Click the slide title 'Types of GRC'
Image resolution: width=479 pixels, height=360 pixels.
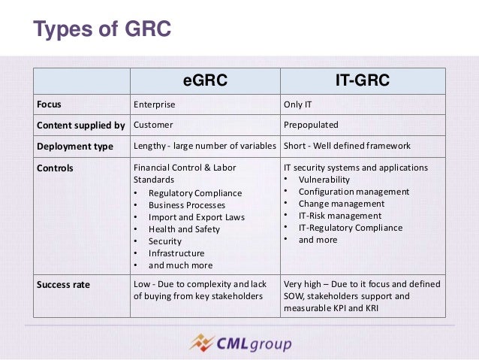103,30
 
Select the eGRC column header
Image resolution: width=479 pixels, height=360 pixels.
204,80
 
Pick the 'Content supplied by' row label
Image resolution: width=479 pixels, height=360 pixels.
81,124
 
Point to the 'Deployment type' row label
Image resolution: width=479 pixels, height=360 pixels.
76,146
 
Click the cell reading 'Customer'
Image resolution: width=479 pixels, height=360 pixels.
153,124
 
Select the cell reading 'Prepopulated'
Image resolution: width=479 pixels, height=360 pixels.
311,124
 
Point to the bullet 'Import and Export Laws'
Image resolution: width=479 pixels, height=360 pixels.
195,217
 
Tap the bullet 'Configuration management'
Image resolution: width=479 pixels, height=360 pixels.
354,192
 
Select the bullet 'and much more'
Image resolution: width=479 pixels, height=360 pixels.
180,265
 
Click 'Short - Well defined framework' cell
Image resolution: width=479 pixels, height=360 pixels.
347,146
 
